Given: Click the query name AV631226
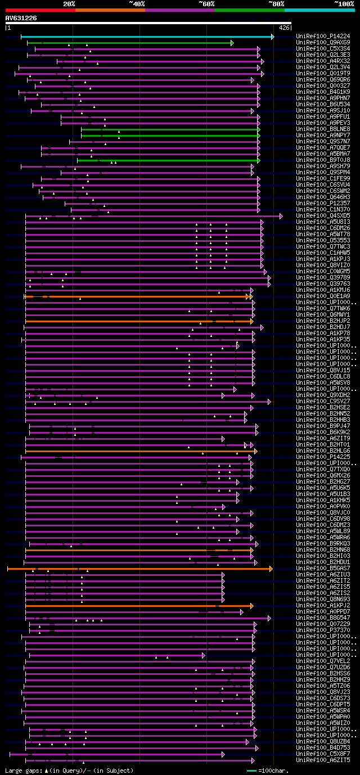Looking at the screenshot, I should click(x=21, y=18).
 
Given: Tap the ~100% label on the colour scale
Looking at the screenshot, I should click(x=344, y=4).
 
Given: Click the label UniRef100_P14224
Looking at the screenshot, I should click(x=323, y=37).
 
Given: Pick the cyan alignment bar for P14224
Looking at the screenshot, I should click(x=146, y=37).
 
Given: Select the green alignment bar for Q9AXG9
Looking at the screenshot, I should click(x=129, y=43).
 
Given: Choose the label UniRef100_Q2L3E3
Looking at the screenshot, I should click(x=323, y=55).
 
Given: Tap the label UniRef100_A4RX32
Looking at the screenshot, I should click(x=323, y=61).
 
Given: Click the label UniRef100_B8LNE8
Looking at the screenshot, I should click(x=323, y=129).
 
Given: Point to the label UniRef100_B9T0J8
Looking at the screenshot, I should click(x=323, y=160).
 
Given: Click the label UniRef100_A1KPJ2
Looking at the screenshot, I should click(x=323, y=606).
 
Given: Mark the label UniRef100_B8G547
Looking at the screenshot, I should click(x=323, y=618).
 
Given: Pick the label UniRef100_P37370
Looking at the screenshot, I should click(x=323, y=630).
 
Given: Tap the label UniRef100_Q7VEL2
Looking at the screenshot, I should click(x=323, y=661).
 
